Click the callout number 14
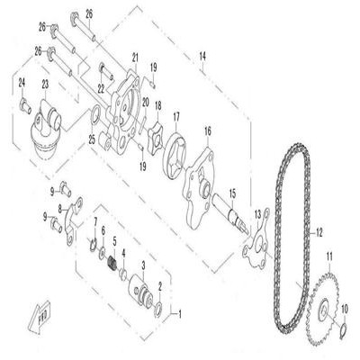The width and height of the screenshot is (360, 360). [202, 56]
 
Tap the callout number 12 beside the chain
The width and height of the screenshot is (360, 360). [319, 232]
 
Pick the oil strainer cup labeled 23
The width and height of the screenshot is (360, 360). [46, 129]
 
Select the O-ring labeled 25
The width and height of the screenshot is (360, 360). [95, 115]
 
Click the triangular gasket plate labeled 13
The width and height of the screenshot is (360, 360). [256, 241]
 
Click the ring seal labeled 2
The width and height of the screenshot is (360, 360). [158, 310]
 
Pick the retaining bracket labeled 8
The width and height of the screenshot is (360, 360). [72, 220]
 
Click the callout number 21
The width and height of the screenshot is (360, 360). [135, 57]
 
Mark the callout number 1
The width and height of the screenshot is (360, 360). [180, 315]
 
